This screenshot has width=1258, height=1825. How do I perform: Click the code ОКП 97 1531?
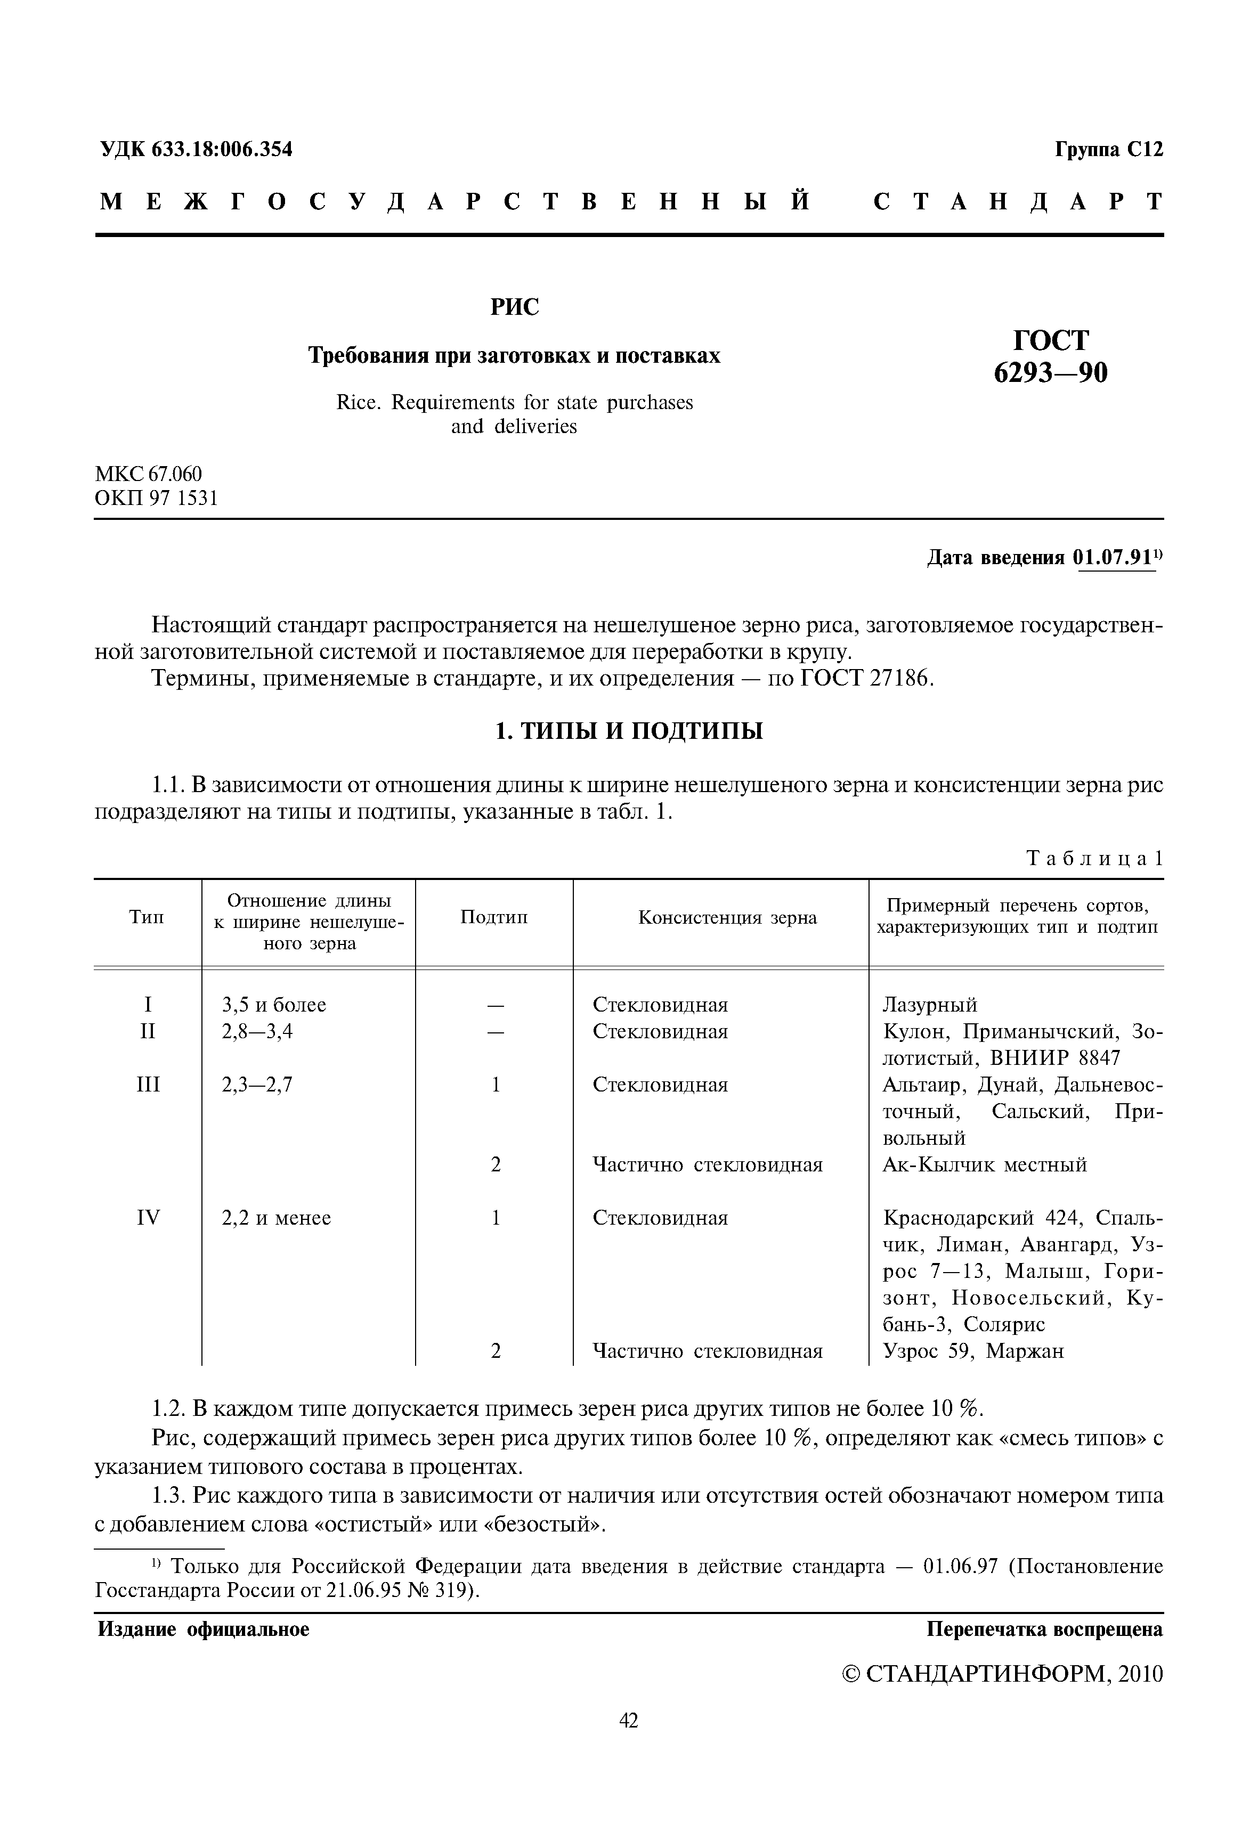pos(156,498)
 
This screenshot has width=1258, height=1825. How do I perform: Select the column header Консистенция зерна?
pos(727,917)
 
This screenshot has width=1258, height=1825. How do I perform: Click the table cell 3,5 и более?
pos(273,1005)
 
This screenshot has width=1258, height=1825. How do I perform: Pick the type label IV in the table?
pos(148,1217)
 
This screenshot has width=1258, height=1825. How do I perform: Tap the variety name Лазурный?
pos(929,1005)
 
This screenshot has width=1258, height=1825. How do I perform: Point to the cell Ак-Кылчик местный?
pos(985,1164)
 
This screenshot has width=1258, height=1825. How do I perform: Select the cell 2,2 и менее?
pos(276,1217)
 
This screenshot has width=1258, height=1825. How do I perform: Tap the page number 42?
pos(628,1742)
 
